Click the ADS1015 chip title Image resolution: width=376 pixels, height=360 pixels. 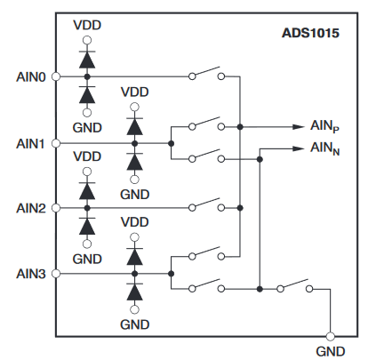310,33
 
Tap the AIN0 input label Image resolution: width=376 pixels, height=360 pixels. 31,77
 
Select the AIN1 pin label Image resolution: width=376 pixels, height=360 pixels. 30,144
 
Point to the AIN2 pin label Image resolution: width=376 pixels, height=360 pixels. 31,208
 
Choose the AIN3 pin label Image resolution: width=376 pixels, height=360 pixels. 31,274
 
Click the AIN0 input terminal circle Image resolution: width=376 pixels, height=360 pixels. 56,76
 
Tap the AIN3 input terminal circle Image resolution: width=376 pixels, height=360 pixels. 56,274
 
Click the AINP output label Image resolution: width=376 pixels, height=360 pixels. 324,126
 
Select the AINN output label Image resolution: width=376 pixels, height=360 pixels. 324,148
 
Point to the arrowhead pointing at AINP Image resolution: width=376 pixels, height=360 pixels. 299,127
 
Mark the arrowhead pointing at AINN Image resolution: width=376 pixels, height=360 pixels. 299,148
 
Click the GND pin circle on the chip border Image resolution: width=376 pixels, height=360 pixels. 330,337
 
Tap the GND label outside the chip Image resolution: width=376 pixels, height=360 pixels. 331,352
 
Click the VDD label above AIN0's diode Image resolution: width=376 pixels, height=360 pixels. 87,26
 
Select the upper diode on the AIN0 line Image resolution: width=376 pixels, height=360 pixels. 87,60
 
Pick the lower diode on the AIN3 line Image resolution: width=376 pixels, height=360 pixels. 135,292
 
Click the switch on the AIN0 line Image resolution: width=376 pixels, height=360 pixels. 206,74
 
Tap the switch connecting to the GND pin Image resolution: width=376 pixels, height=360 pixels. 294,285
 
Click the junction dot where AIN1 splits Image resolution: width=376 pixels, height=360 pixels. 171,144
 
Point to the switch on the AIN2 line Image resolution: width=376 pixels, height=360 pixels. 206,204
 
